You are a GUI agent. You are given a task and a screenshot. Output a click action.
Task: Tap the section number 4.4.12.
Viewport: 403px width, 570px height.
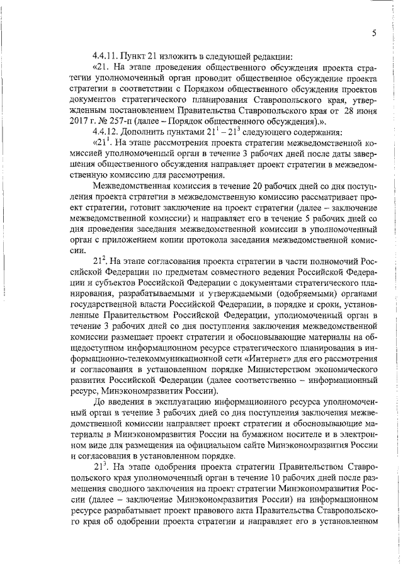[x=104, y=131]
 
